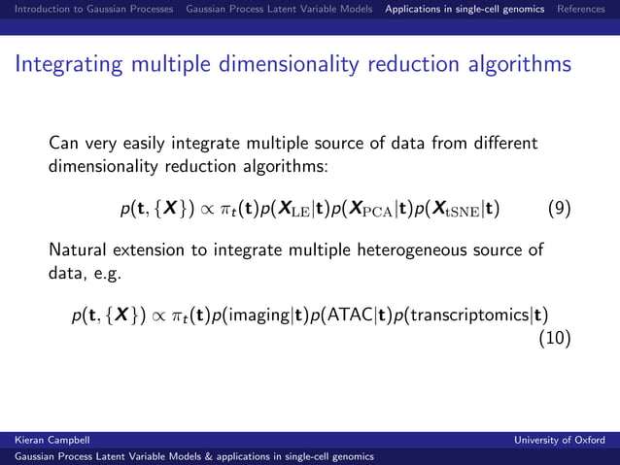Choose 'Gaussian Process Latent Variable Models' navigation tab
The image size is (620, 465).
(x=279, y=10)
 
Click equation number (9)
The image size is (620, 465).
(x=559, y=208)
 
